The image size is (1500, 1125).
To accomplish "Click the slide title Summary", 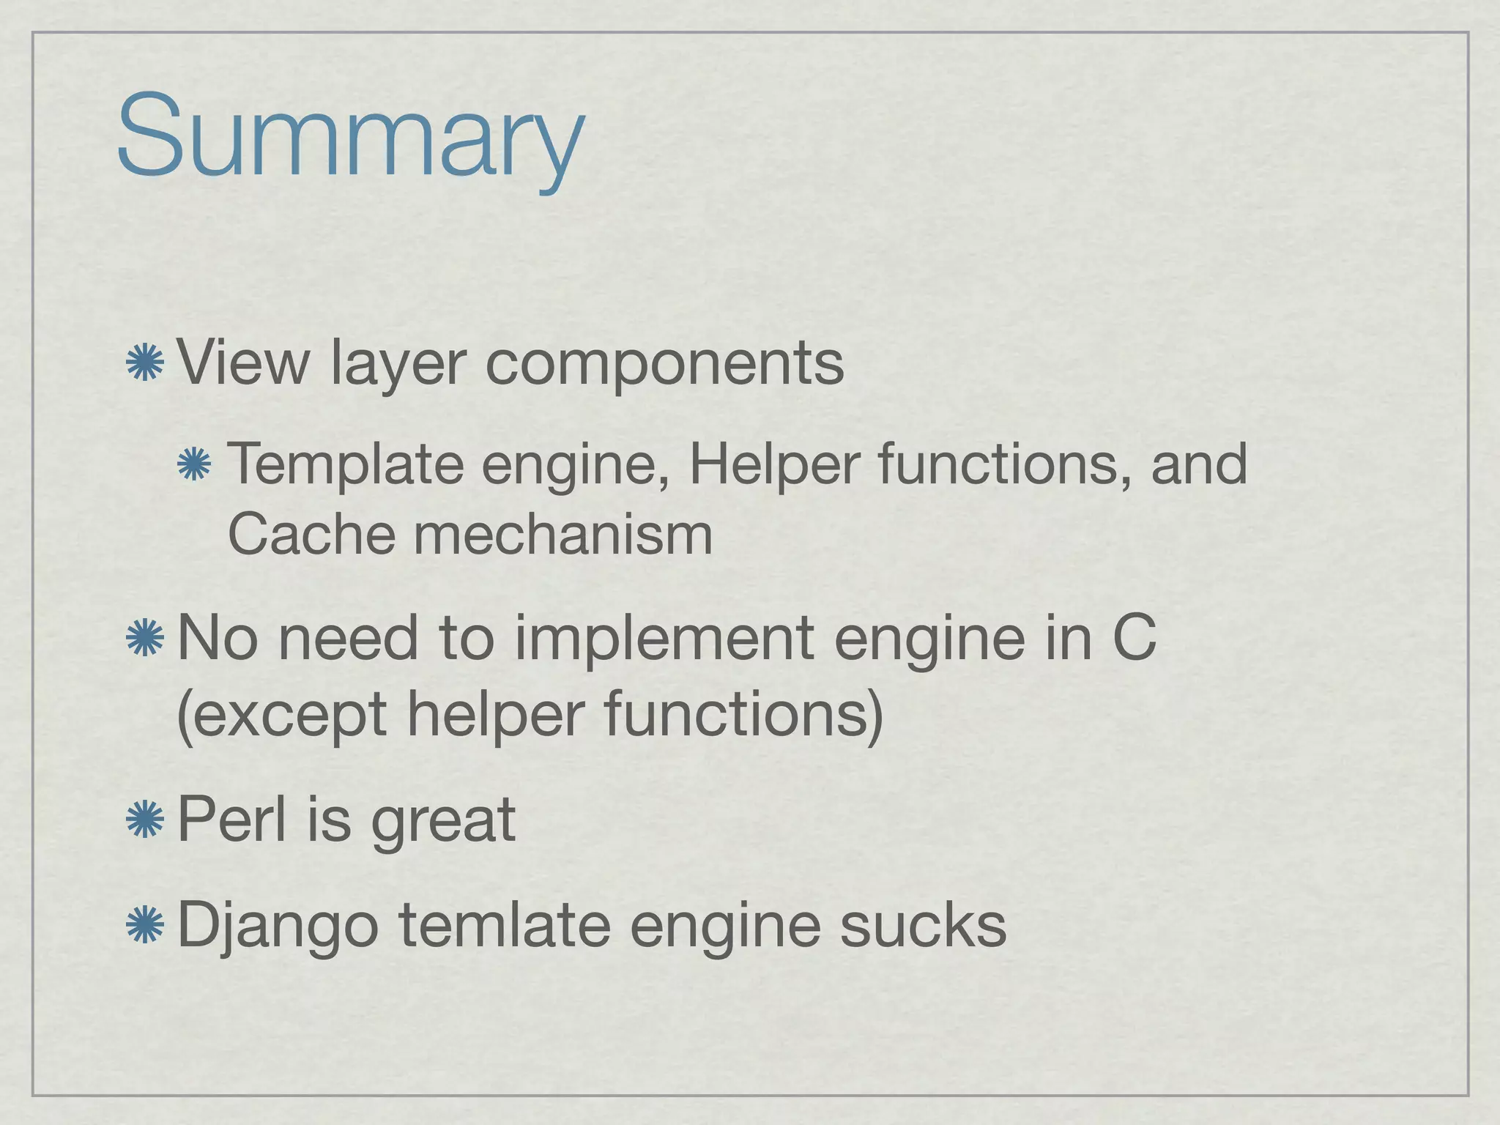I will [349, 138].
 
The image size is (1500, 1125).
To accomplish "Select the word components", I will [664, 364].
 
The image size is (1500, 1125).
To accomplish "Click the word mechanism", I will [562, 534].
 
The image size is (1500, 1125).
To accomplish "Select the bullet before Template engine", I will [194, 465].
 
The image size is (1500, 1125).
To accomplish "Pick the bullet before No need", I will [144, 638].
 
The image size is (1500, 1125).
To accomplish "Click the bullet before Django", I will [144, 925].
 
